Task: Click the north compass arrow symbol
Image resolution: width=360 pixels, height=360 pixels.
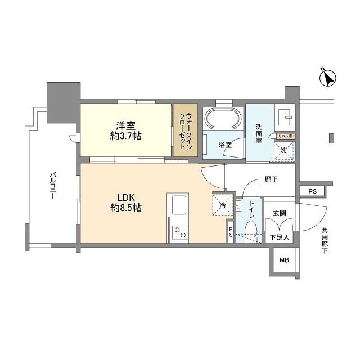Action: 328,78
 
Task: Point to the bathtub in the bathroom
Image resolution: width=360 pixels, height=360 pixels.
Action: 223,120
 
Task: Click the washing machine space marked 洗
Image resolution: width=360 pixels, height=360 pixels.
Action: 285,150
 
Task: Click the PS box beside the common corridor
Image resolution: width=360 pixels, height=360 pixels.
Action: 312,192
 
